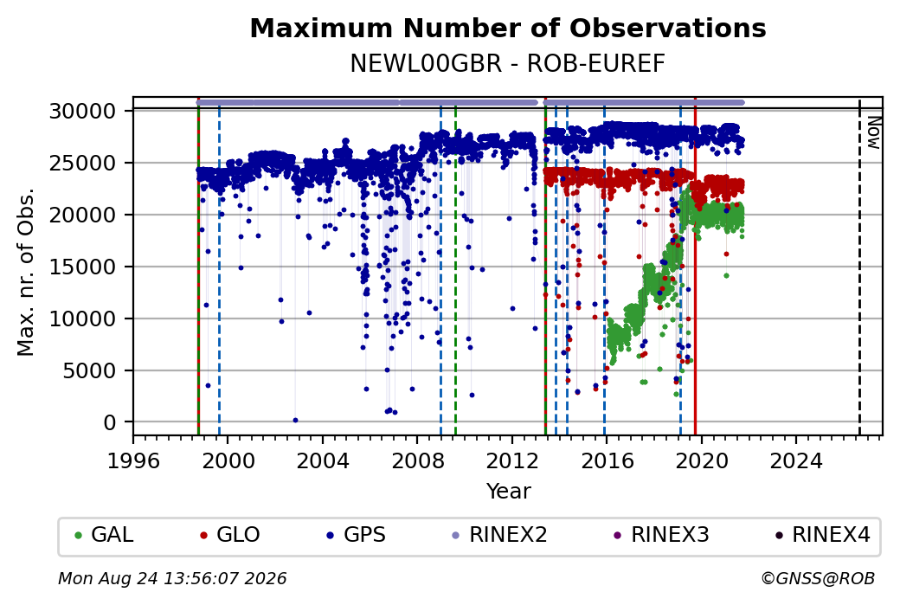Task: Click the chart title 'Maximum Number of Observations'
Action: tap(508, 28)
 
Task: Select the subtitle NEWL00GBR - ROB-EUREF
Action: tap(508, 64)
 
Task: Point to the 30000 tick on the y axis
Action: tap(83, 111)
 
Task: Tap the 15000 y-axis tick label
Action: tap(83, 267)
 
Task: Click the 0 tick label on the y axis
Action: tap(110, 423)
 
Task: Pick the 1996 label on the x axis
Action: tap(133, 460)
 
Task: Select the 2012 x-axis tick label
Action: tap(511, 460)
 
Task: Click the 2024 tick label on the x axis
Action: tap(795, 460)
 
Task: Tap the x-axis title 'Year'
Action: tap(509, 492)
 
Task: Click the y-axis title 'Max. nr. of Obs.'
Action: tap(26, 272)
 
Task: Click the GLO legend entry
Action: tap(229, 535)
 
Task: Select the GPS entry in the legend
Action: tap(357, 535)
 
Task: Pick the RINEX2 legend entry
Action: tap(500, 535)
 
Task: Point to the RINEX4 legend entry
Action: tap(823, 535)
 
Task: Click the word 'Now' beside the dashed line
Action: tap(874, 132)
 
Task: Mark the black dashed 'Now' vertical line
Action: tap(859, 267)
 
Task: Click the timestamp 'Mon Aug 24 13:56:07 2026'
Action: tap(172, 578)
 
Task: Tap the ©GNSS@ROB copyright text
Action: tap(818, 578)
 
